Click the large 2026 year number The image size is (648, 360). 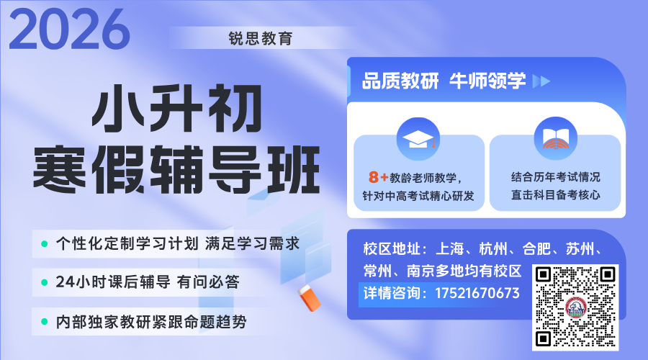point(69,29)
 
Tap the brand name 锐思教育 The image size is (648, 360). point(261,38)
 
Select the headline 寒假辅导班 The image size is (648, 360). point(176,169)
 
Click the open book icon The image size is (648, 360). point(555,138)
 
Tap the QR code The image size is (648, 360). point(575,307)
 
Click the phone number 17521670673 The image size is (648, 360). point(477,293)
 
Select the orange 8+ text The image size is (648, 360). point(378,177)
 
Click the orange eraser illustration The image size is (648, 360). point(309,297)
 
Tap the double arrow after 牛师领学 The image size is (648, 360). point(541,81)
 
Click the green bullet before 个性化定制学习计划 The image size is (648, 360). point(44,244)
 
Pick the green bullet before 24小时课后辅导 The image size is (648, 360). point(44,283)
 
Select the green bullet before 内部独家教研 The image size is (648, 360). point(44,322)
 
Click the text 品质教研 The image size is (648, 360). point(400,81)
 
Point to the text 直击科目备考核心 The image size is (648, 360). point(555,194)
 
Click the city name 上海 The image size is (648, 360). point(450,249)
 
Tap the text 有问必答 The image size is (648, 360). point(208,282)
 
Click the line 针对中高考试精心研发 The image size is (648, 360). point(418,196)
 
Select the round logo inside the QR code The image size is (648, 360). point(575,307)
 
